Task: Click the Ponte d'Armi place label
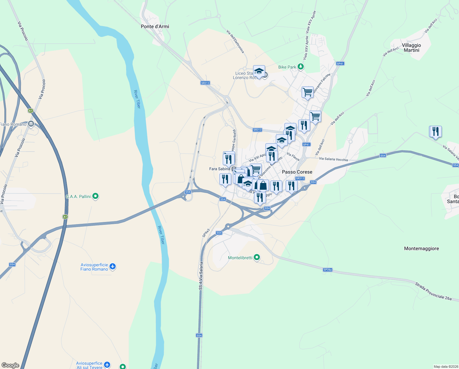(155, 26)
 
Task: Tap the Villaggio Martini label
(411, 48)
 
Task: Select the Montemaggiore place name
(421, 248)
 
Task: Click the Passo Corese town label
(297, 172)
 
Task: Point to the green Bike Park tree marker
(301, 67)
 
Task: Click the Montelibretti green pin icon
(257, 257)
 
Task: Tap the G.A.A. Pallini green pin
(95, 196)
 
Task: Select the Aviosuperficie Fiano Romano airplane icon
(113, 266)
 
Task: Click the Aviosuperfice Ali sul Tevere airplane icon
(107, 365)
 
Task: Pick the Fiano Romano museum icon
(31, 124)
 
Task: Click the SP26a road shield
(327, 270)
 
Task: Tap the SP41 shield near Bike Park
(340, 64)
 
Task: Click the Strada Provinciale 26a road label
(434, 292)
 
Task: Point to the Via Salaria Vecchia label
(333, 159)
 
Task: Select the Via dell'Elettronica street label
(235, 42)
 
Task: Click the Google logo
(10, 365)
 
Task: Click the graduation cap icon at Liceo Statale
(259, 71)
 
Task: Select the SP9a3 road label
(206, 233)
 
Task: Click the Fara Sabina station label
(219, 169)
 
